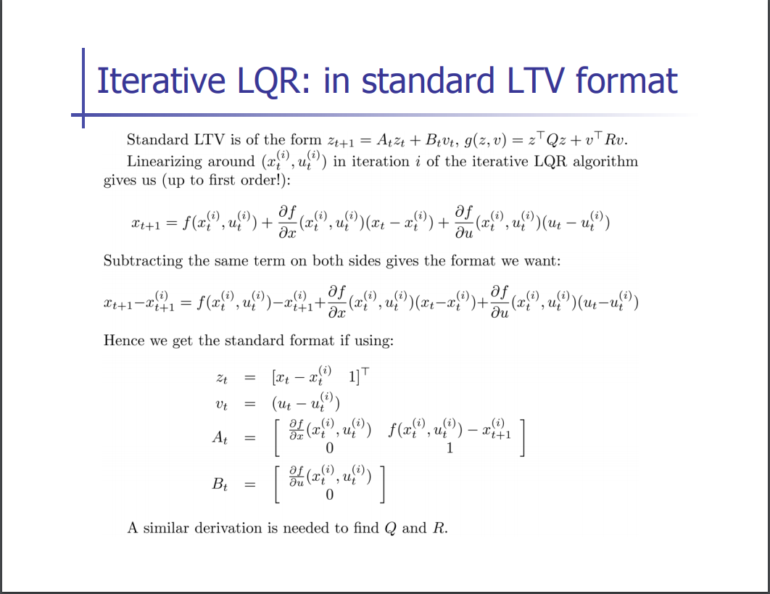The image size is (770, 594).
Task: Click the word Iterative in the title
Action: point(160,81)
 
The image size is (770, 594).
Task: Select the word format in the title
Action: point(626,81)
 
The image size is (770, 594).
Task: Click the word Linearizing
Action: point(164,162)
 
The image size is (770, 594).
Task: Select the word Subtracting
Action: point(143,261)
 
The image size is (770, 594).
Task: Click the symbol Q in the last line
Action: point(390,529)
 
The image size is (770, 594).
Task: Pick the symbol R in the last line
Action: point(439,528)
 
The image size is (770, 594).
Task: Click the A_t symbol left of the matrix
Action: point(220,437)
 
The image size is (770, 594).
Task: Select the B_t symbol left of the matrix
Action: point(220,484)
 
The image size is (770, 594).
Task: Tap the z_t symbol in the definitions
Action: point(222,379)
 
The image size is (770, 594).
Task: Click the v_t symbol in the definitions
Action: point(221,405)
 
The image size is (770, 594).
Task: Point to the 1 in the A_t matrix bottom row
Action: point(450,448)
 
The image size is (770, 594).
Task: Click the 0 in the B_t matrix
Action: point(329,495)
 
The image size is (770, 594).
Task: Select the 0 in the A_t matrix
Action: point(329,448)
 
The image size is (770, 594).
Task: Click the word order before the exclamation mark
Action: point(260,181)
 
